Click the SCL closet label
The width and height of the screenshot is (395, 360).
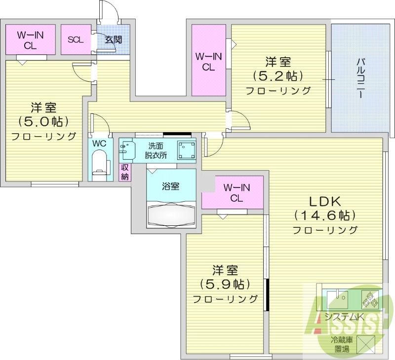pyautogui.click(x=76, y=39)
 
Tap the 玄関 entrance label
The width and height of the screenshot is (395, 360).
pyautogui.click(x=113, y=39)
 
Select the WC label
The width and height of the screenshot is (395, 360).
pyautogui.click(x=99, y=144)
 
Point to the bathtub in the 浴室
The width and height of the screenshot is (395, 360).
pyautogui.click(x=171, y=214)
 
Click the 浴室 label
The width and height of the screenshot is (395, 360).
pyautogui.click(x=171, y=186)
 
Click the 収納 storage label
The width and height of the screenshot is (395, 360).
pyautogui.click(x=124, y=172)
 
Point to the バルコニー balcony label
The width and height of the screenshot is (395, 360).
pyautogui.click(x=360, y=78)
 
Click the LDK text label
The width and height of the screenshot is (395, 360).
pyautogui.click(x=325, y=201)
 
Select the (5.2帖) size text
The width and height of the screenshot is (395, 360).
pyautogui.click(x=278, y=76)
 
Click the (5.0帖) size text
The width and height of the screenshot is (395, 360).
pyautogui.click(x=43, y=121)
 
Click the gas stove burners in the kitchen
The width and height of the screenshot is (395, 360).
pyautogui.click(x=370, y=299)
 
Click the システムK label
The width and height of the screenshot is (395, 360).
pyautogui.click(x=344, y=317)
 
